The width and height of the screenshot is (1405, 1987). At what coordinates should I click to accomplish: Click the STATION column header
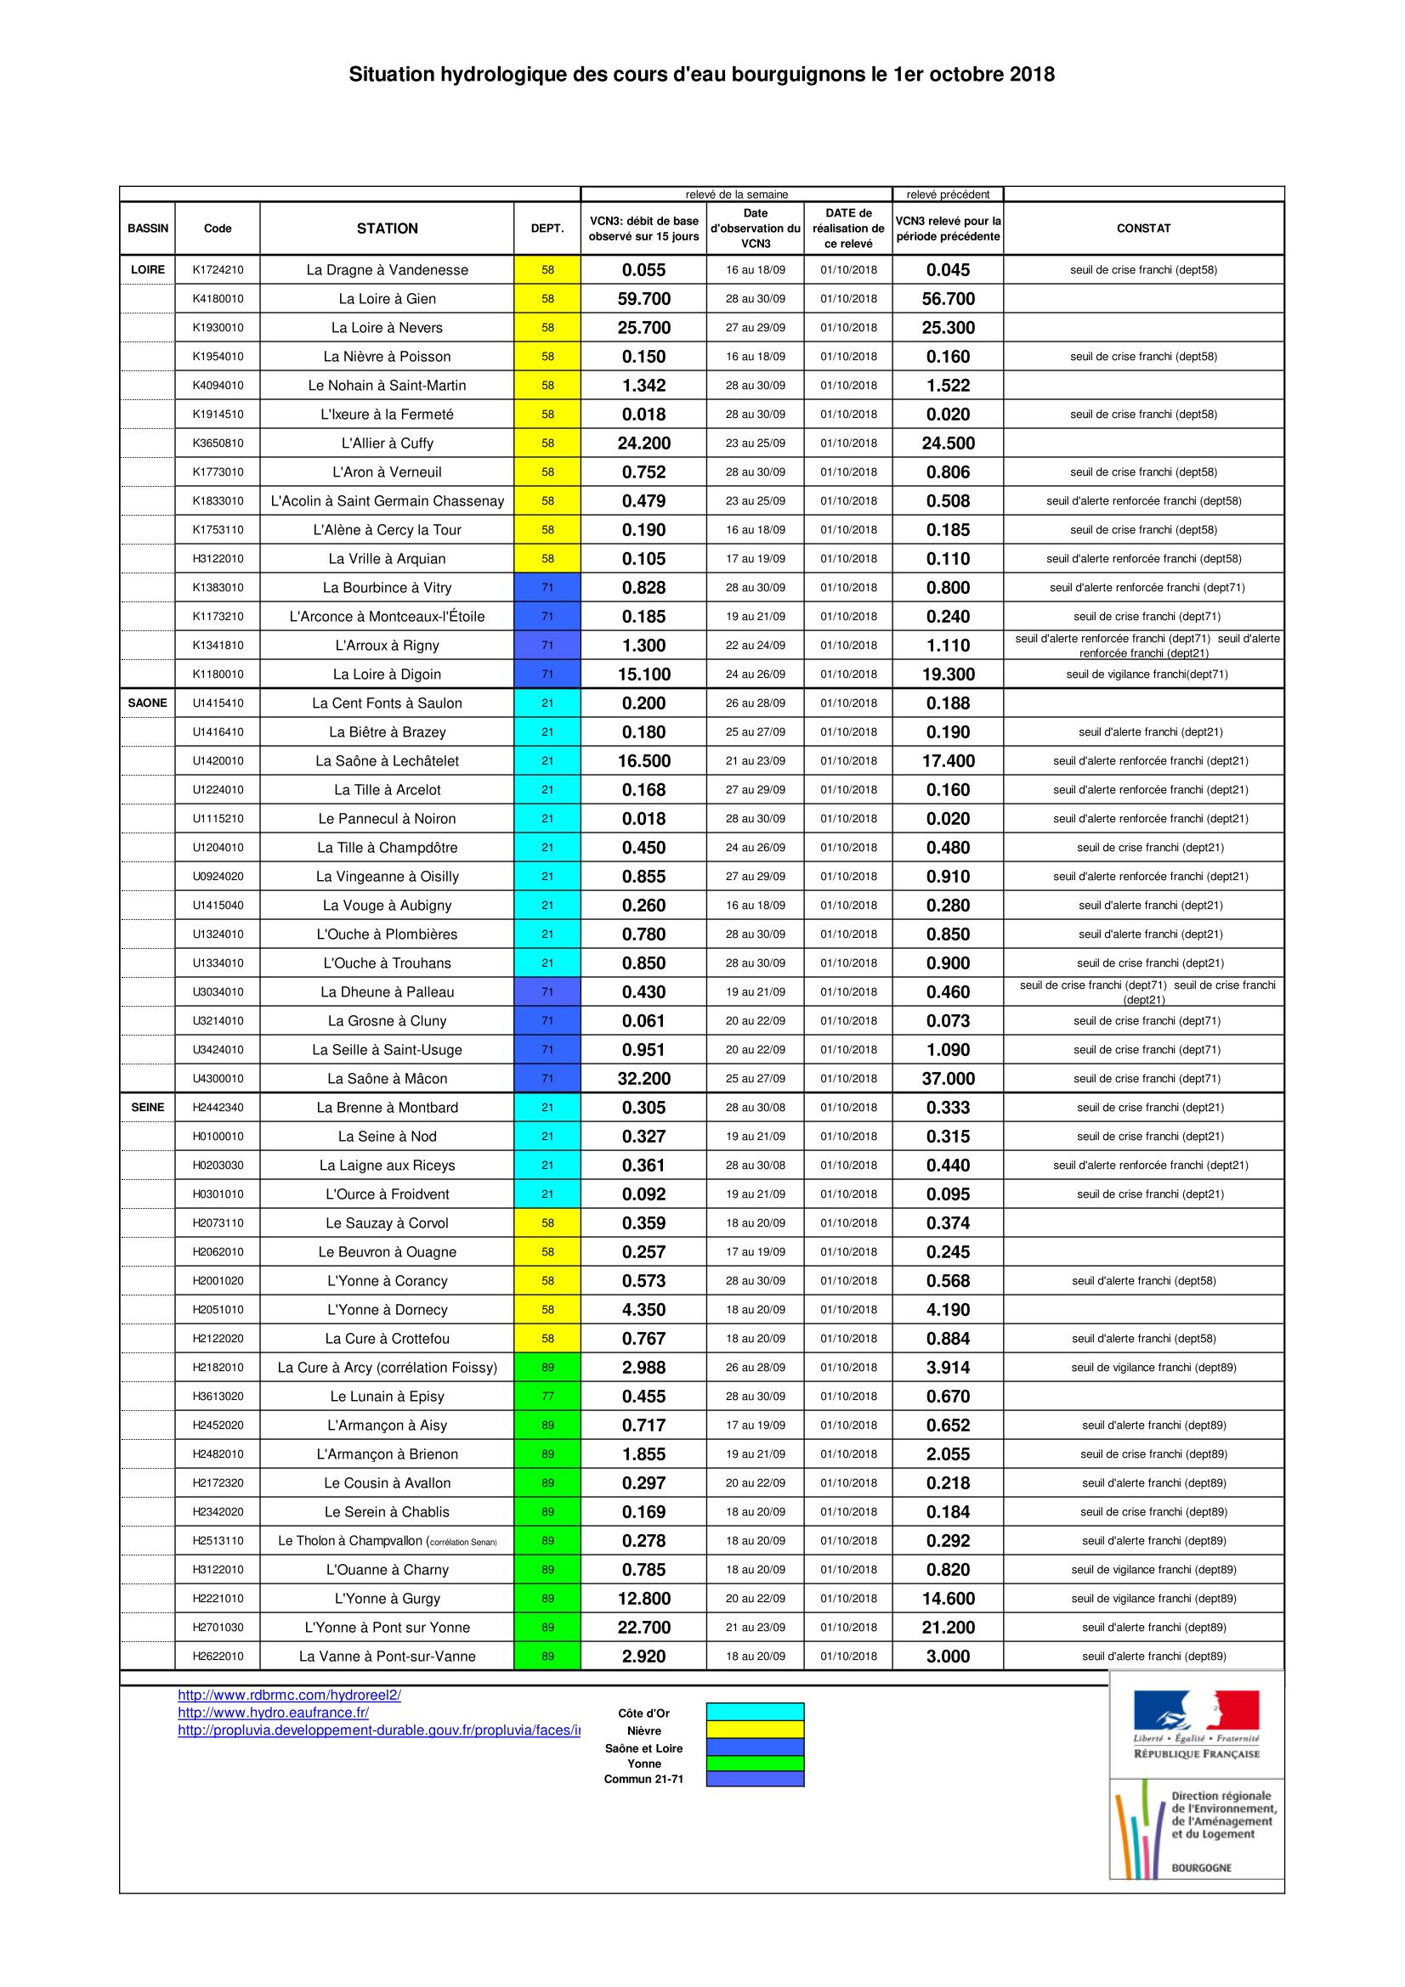[387, 229]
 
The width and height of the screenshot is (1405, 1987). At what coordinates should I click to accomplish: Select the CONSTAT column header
[1142, 229]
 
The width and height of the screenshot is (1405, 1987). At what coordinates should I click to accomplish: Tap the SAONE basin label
[147, 703]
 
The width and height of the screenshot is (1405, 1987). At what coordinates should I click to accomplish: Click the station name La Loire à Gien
[387, 298]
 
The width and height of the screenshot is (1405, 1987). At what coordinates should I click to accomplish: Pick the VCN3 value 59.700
[643, 298]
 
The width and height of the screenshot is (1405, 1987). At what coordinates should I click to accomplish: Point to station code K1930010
[218, 328]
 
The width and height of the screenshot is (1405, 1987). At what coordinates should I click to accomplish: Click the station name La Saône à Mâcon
[387, 1078]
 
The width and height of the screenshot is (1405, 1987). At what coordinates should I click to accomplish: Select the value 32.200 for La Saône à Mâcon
[643, 1078]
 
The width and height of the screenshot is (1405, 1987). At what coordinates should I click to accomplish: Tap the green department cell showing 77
[547, 1396]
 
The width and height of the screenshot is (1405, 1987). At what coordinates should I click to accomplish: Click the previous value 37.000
[948, 1078]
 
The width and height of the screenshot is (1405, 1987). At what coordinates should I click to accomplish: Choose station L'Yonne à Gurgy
[387, 1599]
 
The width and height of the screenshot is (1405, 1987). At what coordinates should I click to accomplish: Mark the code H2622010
[218, 1657]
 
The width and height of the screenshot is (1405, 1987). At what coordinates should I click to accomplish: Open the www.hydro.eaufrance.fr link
[273, 1713]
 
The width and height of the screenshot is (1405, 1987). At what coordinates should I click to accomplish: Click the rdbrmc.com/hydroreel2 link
[289, 1696]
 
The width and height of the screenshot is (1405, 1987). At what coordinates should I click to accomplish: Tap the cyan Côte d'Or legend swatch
[755, 1712]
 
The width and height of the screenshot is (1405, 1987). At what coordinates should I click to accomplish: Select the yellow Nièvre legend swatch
[755, 1729]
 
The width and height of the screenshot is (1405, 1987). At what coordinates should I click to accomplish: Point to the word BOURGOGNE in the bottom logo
[1201, 1868]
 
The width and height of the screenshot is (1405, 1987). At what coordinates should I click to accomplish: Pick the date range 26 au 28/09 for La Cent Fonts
[755, 703]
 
